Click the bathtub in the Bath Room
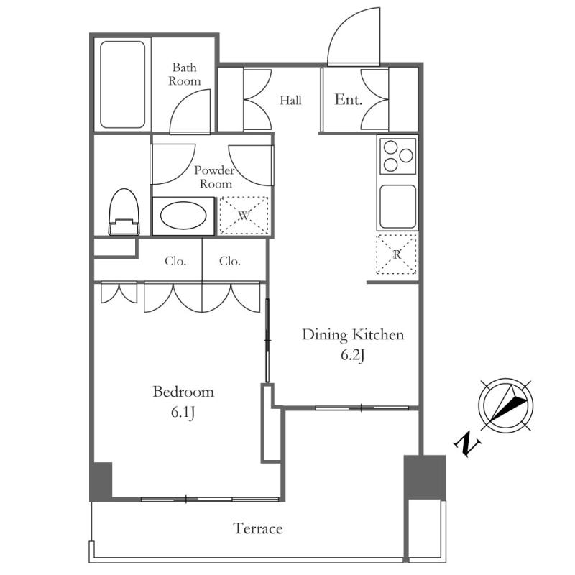pyautogui.click(x=122, y=84)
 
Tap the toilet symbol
pyautogui.click(x=124, y=211)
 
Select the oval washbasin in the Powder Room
pyautogui.click(x=183, y=216)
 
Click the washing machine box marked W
pyautogui.click(x=244, y=215)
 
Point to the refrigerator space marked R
pyautogui.click(x=397, y=254)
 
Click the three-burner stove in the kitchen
pyautogui.click(x=397, y=156)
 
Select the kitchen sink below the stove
pyautogui.click(x=398, y=207)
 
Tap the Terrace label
pyautogui.click(x=258, y=528)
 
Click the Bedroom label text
pyautogui.click(x=183, y=392)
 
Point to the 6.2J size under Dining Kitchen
pyautogui.click(x=352, y=355)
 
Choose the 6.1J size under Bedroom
pyautogui.click(x=183, y=413)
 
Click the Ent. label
pyautogui.click(x=348, y=99)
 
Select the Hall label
pyautogui.click(x=291, y=100)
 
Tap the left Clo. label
pyautogui.click(x=175, y=261)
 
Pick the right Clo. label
pyautogui.click(x=230, y=261)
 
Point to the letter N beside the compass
pyautogui.click(x=467, y=443)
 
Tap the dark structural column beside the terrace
pyautogui.click(x=425, y=477)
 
